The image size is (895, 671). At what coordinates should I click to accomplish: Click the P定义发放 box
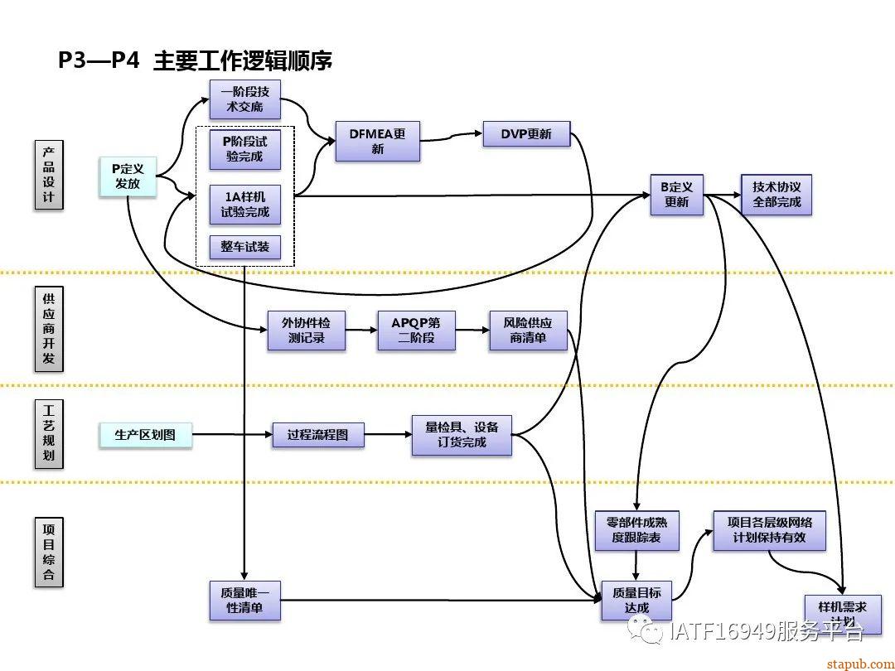128,176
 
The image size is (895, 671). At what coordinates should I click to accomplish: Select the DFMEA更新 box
377,141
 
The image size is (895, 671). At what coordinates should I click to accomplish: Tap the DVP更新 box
526,134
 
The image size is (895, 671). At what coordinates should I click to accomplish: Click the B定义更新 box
676,195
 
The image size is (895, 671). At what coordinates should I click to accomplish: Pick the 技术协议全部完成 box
776,195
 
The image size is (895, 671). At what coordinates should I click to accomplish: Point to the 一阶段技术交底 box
244,99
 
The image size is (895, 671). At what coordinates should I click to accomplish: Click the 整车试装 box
244,247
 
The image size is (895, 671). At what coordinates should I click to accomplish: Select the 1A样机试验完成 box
244,205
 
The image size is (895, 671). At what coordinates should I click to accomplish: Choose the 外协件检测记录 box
306,331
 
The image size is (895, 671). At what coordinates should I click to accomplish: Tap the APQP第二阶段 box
416,331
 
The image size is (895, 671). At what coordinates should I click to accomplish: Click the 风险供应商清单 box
528,331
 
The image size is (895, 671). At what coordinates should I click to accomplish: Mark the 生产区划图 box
145,435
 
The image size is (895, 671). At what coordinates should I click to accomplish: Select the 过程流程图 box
318,435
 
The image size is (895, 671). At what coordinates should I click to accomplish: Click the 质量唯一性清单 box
244,601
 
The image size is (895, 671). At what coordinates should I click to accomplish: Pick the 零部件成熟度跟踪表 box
636,531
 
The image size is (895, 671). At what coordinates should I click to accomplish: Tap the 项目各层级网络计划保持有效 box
770,530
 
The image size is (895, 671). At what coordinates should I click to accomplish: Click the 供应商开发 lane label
49,328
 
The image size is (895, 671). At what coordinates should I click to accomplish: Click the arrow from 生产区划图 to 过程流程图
232,435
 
